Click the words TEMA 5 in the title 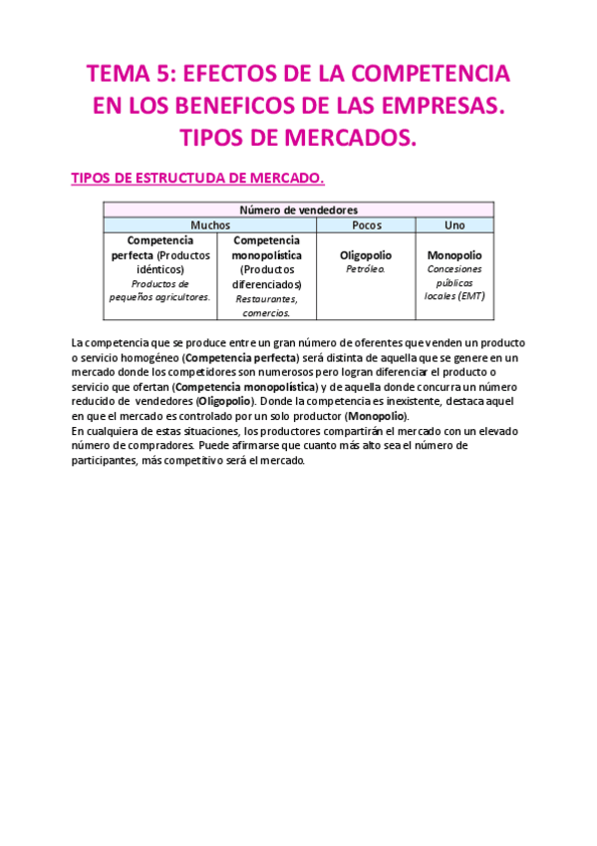coord(125,74)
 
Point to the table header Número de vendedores coord(298,210)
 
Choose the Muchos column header coord(209,225)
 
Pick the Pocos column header coord(367,225)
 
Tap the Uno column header coord(454,225)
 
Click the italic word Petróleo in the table coord(366,269)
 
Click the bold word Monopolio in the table coord(453,255)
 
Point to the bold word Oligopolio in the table coord(367,255)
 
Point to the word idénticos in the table coord(160,269)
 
